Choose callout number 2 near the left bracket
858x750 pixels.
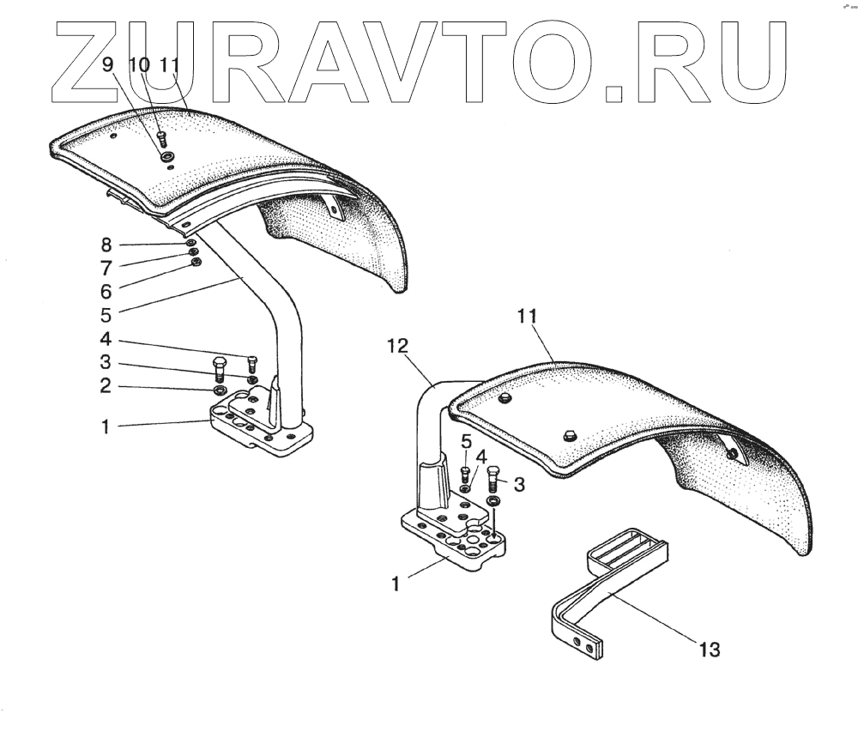click(105, 386)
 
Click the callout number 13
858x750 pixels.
click(708, 650)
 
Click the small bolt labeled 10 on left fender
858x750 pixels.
click(161, 137)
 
